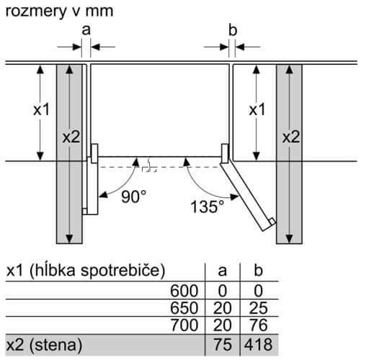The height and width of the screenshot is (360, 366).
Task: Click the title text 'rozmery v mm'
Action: tap(59, 12)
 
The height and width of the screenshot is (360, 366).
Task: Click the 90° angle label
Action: tap(134, 197)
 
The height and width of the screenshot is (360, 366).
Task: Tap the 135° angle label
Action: tap(207, 207)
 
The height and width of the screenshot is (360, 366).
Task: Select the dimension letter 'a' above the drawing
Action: tap(86, 30)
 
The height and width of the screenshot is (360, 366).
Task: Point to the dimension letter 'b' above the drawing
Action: tap(233, 30)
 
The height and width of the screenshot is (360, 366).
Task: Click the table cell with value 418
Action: tap(259, 345)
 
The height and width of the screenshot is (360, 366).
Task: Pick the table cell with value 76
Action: tap(259, 325)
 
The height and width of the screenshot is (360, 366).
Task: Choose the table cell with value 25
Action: tap(259, 308)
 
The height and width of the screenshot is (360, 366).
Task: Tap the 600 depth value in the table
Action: tap(184, 291)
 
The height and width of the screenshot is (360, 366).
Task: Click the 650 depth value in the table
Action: tap(184, 308)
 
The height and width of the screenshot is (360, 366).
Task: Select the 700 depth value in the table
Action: tap(184, 325)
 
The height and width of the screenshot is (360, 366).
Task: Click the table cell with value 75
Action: tap(223, 345)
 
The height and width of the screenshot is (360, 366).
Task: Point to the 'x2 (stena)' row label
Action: tap(44, 345)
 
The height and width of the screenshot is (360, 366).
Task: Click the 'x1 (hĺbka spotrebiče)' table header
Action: tap(86, 271)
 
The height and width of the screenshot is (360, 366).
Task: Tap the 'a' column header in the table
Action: tap(223, 271)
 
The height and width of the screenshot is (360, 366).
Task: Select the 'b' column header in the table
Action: tap(259, 270)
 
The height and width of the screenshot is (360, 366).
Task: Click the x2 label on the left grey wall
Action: tap(71, 138)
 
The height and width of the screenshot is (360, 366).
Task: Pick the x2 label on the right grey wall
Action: tap(291, 138)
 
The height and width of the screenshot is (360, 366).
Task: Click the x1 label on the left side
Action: tap(41, 109)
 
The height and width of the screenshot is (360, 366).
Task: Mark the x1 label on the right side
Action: tap(257, 109)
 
